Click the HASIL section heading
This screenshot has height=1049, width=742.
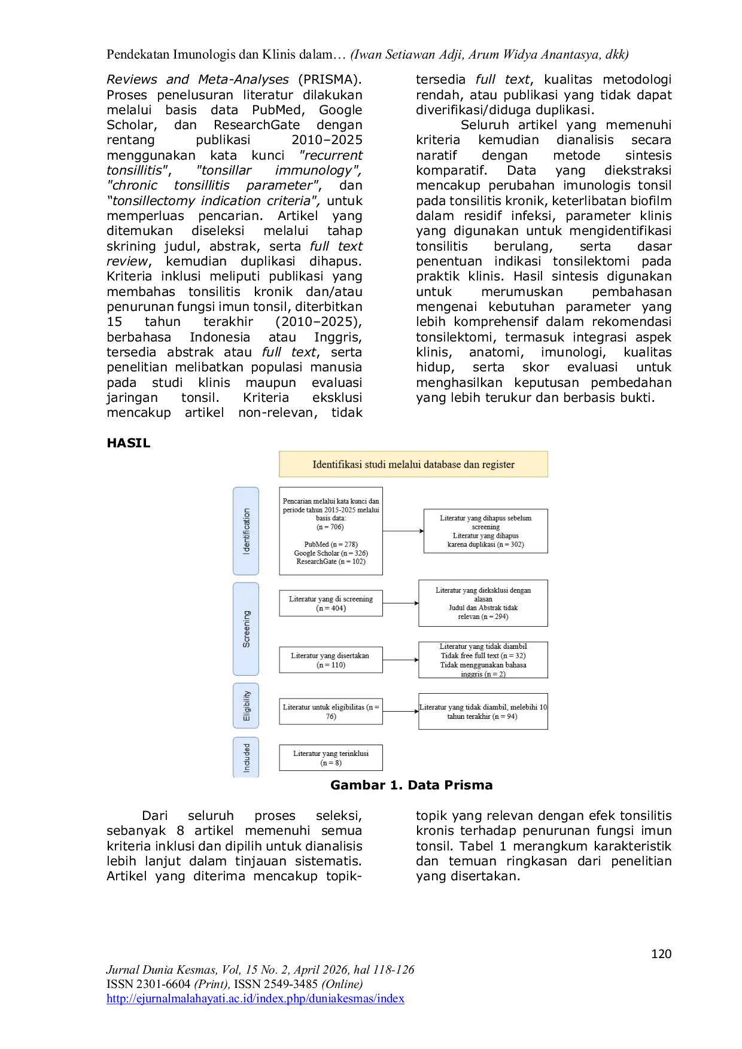(128, 443)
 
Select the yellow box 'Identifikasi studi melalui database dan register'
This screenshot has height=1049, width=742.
(413, 464)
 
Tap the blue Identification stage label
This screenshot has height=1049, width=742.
(246, 531)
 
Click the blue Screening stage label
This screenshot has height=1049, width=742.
(246, 629)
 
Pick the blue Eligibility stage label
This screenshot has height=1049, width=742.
(246, 706)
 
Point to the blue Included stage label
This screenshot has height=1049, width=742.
(246, 758)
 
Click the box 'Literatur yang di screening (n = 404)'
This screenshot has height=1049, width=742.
(331, 603)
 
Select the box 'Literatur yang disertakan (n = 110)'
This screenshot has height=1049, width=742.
(331, 660)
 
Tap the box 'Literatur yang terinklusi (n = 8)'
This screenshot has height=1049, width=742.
(331, 758)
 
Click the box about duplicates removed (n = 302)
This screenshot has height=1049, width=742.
(486, 531)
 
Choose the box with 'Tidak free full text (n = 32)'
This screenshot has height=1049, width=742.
(483, 660)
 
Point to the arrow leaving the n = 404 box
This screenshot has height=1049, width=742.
(400, 603)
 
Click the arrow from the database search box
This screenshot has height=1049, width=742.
(403, 531)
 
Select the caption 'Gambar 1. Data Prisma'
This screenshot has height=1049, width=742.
(412, 785)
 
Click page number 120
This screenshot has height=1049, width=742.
(661, 954)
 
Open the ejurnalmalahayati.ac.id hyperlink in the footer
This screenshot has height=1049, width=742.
(256, 998)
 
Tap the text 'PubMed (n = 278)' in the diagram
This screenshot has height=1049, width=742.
(331, 544)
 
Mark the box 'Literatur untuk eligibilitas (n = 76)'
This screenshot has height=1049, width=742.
(331, 712)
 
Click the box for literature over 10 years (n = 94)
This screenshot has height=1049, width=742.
(483, 712)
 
